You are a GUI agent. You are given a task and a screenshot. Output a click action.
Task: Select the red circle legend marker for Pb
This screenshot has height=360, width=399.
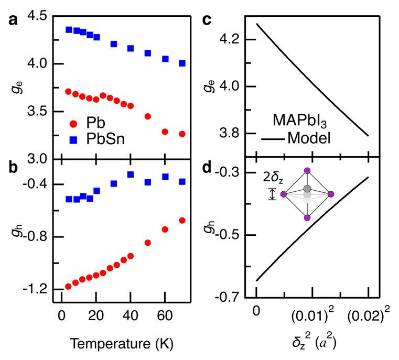tap(73, 124)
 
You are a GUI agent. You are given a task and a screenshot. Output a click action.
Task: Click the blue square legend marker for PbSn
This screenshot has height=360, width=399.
tap(73, 140)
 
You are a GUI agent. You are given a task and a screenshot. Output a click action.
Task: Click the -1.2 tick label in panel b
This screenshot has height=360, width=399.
tap(33, 289)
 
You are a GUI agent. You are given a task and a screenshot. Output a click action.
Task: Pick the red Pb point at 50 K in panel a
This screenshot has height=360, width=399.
tap(148, 116)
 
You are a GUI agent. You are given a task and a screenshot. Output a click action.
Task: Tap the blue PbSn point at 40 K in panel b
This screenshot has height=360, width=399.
tap(131, 174)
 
